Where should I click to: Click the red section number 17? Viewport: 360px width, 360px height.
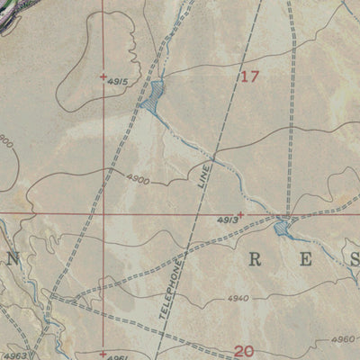(249, 77)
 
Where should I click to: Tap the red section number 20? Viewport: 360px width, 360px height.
(245, 351)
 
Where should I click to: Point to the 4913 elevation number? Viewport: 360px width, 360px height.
(226, 219)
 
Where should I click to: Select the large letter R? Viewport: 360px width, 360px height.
(255, 261)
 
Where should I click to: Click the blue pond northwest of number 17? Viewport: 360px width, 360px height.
(152, 96)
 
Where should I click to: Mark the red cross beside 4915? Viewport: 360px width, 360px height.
(103, 76)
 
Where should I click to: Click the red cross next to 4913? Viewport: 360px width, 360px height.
(240, 214)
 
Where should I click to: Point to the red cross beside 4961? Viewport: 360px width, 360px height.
(103, 354)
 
